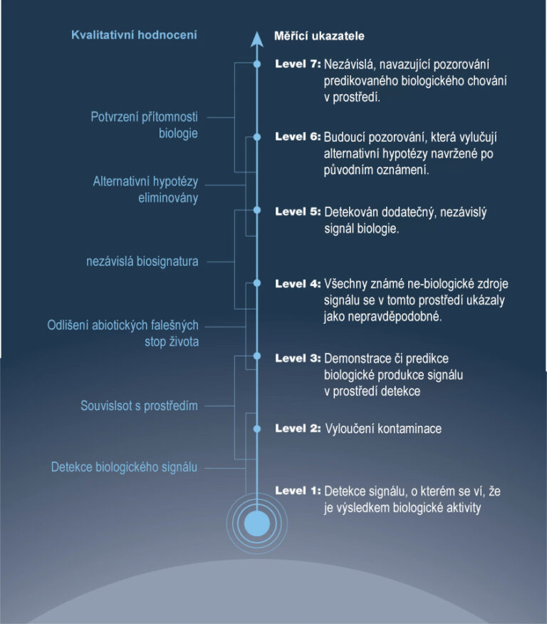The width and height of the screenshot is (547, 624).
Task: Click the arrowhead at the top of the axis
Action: pyautogui.click(x=257, y=39)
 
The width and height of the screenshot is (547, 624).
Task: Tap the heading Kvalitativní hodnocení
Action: pyautogui.click(x=134, y=34)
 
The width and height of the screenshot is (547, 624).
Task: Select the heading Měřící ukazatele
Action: pyautogui.click(x=319, y=35)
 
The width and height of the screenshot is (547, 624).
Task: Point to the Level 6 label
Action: pyautogui.click(x=298, y=137)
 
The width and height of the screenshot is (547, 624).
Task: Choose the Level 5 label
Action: pyautogui.click(x=298, y=212)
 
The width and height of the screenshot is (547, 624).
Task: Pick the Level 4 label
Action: pyautogui.click(x=298, y=284)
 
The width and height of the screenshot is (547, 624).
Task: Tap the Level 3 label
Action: pyautogui.click(x=298, y=358)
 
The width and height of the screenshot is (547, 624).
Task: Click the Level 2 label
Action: pyautogui.click(x=298, y=429)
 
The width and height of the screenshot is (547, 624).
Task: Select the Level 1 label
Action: pyautogui.click(x=298, y=491)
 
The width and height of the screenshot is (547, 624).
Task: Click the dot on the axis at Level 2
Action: pyautogui.click(x=257, y=429)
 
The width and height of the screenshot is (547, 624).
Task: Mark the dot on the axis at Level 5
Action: pyautogui.click(x=257, y=210)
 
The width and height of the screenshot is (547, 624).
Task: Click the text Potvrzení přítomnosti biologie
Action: pyautogui.click(x=145, y=125)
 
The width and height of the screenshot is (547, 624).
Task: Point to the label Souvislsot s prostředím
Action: pyautogui.click(x=139, y=406)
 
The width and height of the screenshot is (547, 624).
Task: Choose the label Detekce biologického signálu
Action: pyautogui.click(x=124, y=468)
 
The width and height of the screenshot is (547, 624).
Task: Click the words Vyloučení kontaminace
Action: pyautogui.click(x=383, y=429)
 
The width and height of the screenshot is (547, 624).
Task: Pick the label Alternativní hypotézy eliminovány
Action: pyautogui.click(x=145, y=190)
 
